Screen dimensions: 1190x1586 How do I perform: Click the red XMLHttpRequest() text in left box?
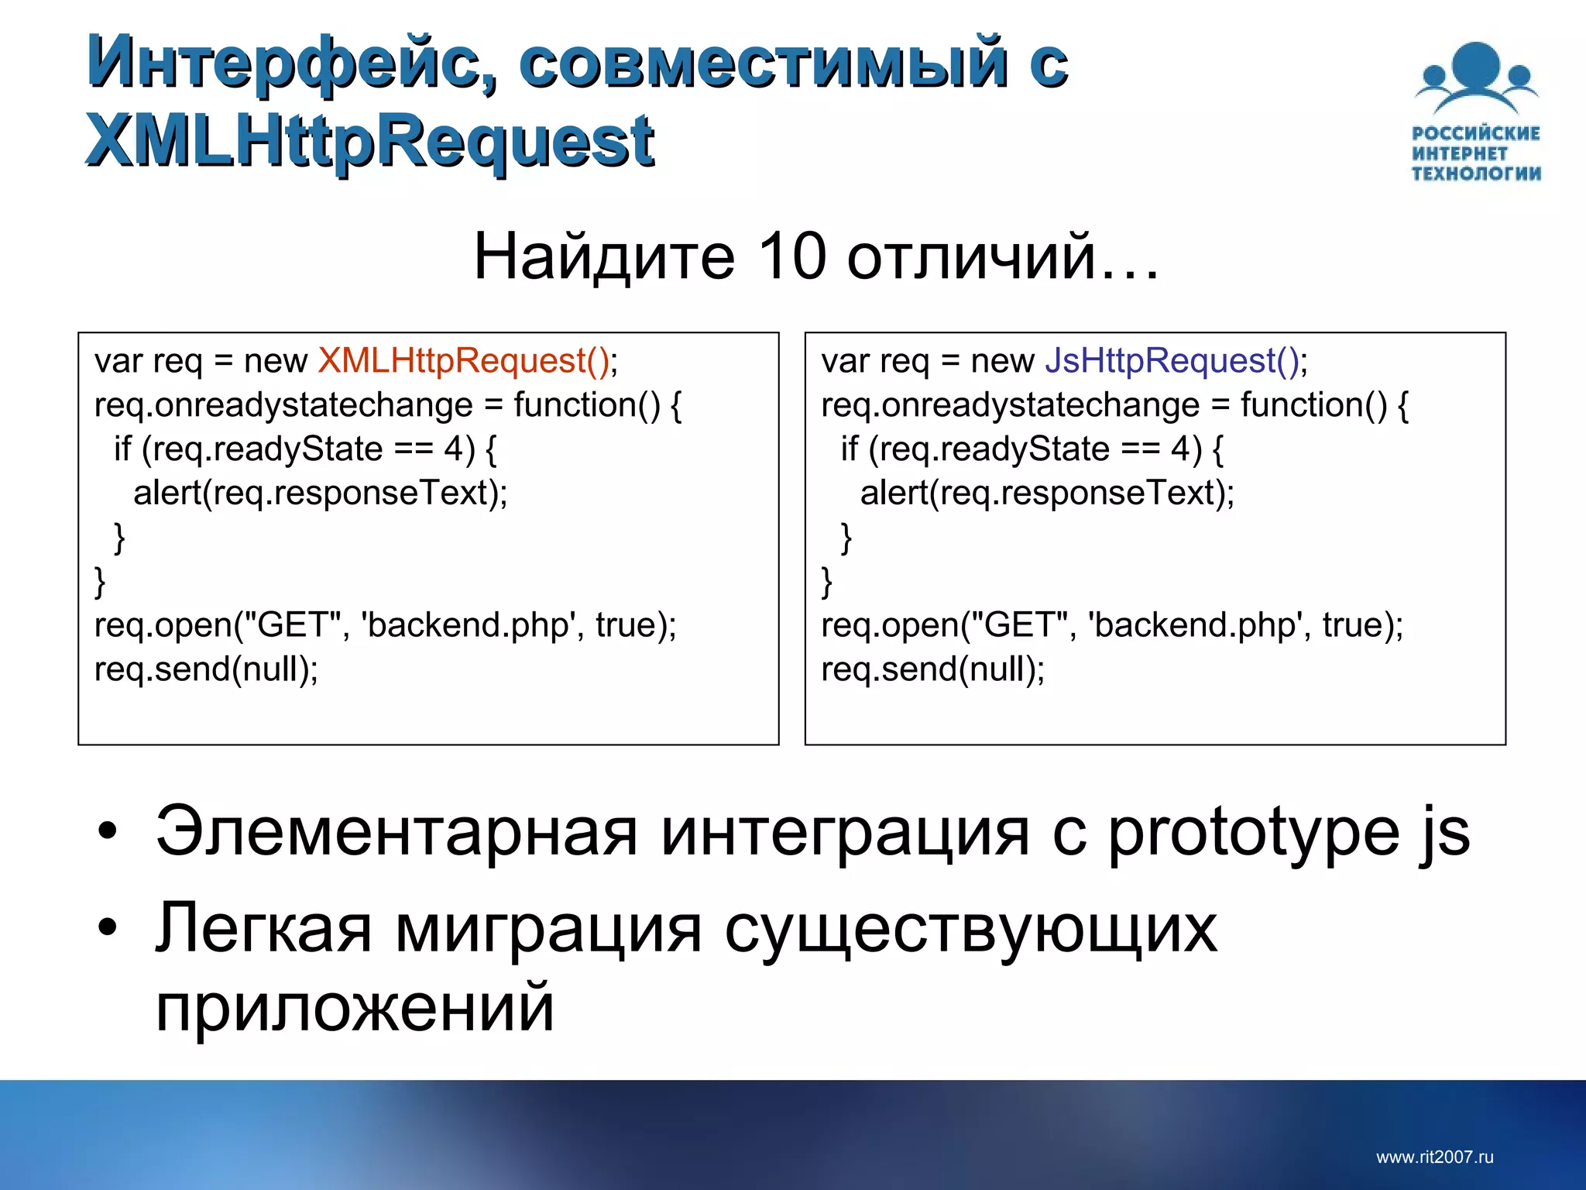pyautogui.click(x=464, y=361)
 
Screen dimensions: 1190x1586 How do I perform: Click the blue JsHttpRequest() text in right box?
pyautogui.click(x=1172, y=361)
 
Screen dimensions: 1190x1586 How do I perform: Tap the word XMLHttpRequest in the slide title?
pyautogui.click(x=369, y=141)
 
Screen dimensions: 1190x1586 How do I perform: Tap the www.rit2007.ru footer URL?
pyautogui.click(x=1434, y=1157)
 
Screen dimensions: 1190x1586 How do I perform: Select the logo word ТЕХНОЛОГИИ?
pyautogui.click(x=1476, y=174)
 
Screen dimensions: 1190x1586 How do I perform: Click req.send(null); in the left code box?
pyautogui.click(x=206, y=669)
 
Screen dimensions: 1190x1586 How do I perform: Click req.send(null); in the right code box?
pyautogui.click(x=932, y=669)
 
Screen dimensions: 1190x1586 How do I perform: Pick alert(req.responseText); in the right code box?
pyautogui.click(x=1047, y=493)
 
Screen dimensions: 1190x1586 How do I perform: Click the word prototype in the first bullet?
pyautogui.click(x=1254, y=834)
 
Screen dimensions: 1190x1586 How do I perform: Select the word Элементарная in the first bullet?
pyautogui.click(x=396, y=832)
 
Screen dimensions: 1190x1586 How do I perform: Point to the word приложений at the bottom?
pyautogui.click(x=355, y=1009)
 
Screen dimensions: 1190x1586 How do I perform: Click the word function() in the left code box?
pyautogui.click(x=587, y=405)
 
